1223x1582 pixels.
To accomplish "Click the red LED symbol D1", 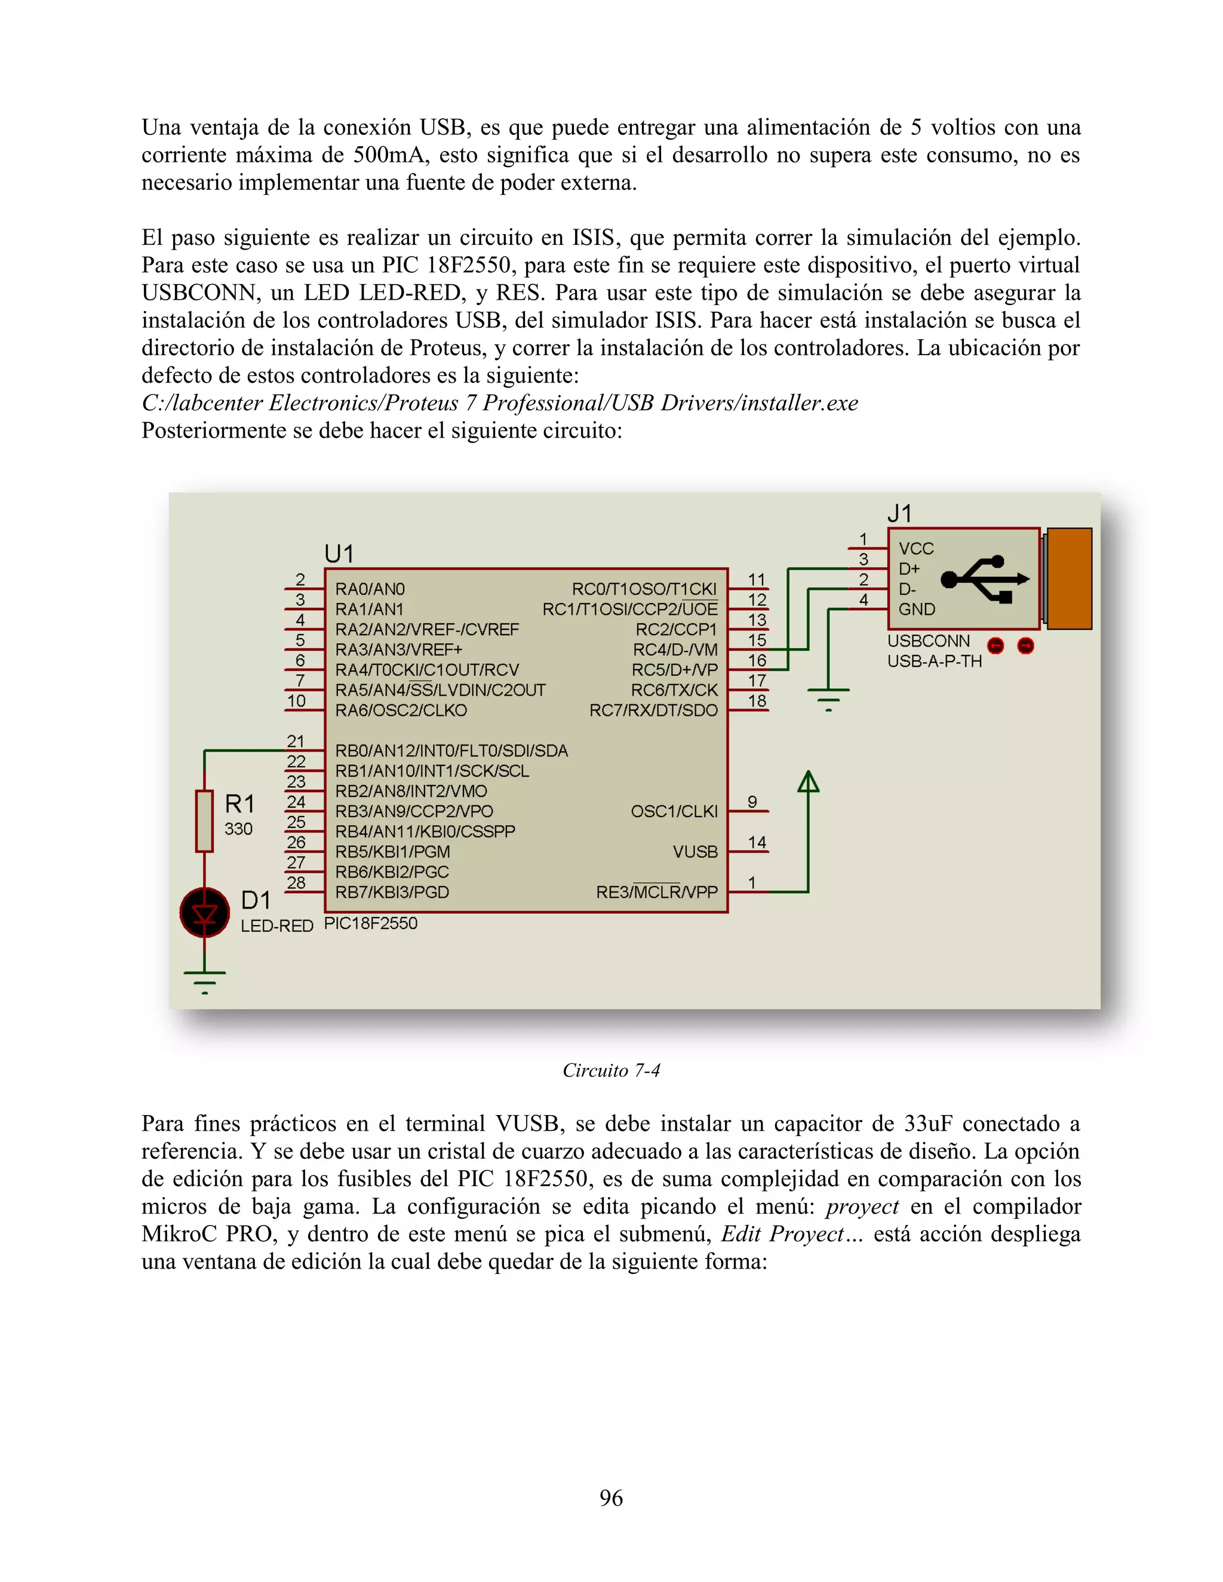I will point(205,913).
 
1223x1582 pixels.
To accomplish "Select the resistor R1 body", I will point(205,821).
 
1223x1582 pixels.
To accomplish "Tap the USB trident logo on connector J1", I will point(985,578).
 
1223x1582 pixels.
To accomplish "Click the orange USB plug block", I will point(1070,578).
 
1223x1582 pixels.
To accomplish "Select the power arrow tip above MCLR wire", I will point(809,781).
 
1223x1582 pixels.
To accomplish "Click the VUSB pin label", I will point(695,852).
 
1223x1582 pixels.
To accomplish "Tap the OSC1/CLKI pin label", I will point(674,811).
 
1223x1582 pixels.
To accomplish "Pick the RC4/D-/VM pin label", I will point(675,650).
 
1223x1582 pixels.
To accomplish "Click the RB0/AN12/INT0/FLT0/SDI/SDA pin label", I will point(451,751).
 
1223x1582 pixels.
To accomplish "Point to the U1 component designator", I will point(339,554).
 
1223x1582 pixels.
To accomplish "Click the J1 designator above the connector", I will point(900,513).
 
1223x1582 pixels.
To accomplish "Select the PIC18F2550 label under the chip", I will point(370,924).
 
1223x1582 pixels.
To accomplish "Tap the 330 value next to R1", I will point(238,829).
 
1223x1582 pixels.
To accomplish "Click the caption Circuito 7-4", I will point(611,1070).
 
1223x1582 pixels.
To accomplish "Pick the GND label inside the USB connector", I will point(917,609).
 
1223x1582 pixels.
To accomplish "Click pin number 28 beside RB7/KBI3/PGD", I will point(296,882).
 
